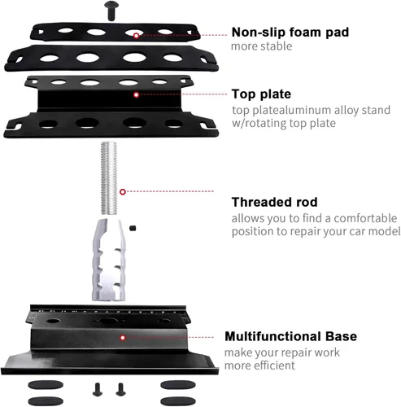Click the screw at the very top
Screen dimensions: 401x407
pos(111,11)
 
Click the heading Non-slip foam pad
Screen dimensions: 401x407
pos(290,32)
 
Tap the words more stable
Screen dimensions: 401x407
pos(262,46)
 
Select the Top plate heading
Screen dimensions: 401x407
pos(261,94)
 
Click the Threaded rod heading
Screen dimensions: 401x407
pos(274,202)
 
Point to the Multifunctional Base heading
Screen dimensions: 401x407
pos(291,336)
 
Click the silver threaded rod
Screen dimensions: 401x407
pos(109,178)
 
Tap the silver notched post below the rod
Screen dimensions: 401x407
pos(109,260)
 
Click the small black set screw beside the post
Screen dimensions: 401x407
pos(133,228)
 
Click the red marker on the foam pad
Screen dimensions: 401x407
pos(137,36)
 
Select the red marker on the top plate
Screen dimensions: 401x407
pos(137,94)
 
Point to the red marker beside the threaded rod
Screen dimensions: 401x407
pos(123,192)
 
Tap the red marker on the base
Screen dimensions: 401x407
pos(123,338)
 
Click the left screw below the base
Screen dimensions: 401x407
pos(98,389)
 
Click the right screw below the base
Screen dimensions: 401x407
pos(120,389)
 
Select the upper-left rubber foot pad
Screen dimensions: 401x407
pos(46,385)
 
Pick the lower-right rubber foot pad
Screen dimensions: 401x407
pos(178,401)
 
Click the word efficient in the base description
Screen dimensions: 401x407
pos(274,365)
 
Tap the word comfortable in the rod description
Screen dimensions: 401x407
pos(365,218)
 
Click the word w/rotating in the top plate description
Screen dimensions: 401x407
pos(259,124)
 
